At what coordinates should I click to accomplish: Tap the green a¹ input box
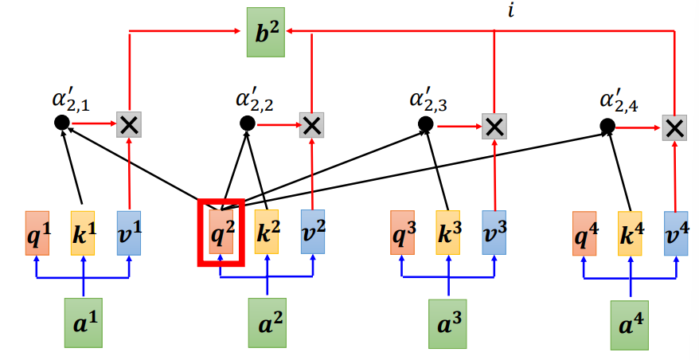(x=84, y=324)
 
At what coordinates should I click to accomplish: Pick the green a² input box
(x=267, y=324)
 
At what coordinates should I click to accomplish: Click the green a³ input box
(x=448, y=324)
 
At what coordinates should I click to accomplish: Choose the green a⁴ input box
(x=631, y=325)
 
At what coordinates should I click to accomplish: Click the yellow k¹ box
(x=83, y=233)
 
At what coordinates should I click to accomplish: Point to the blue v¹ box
(x=129, y=233)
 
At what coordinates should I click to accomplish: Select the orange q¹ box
(x=37, y=233)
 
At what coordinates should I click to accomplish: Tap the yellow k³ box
(x=448, y=233)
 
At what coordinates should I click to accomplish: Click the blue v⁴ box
(x=676, y=233)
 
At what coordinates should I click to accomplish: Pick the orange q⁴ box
(x=585, y=233)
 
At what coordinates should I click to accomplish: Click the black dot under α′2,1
(x=61, y=123)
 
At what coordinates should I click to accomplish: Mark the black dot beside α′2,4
(x=607, y=126)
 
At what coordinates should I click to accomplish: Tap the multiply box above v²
(x=311, y=124)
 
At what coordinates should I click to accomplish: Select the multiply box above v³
(x=494, y=125)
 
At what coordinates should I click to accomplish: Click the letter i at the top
(x=510, y=10)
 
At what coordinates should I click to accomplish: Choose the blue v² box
(x=312, y=233)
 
